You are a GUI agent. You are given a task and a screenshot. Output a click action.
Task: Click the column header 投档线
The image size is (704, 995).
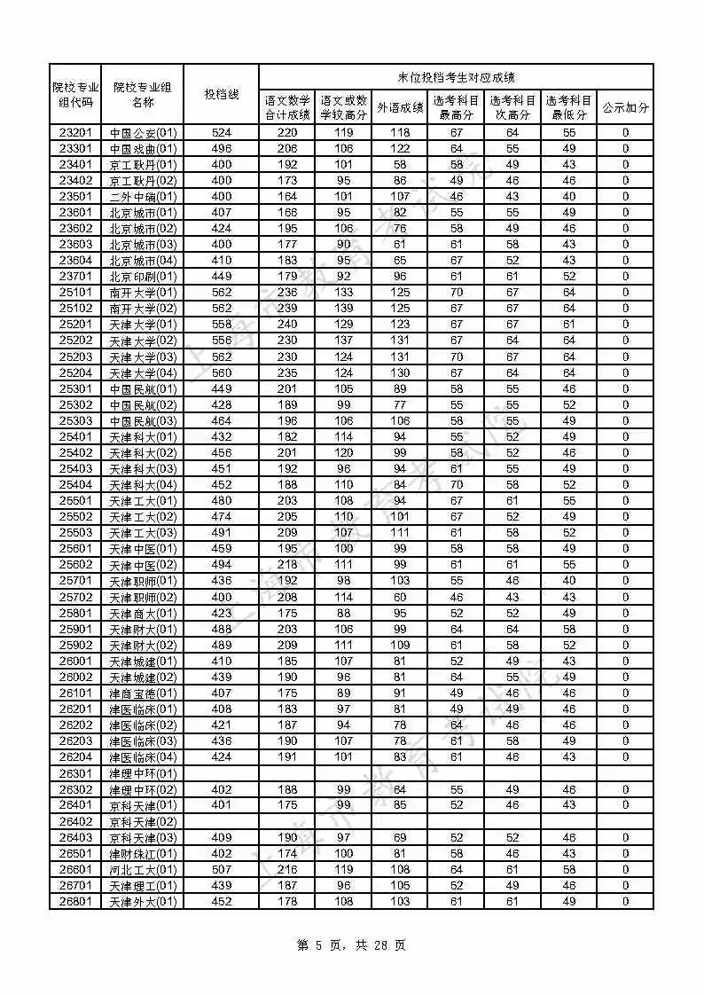[221, 94]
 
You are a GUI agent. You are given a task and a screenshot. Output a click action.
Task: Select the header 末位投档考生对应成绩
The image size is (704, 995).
[456, 77]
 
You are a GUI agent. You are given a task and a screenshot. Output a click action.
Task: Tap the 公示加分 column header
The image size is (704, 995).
[625, 108]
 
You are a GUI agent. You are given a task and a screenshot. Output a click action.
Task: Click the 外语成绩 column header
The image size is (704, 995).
[400, 108]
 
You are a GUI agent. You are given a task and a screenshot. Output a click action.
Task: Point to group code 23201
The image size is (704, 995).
[75, 133]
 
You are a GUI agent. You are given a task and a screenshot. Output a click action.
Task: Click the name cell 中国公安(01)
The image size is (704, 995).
[143, 133]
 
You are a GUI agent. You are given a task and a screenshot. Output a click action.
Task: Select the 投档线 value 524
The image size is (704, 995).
[221, 133]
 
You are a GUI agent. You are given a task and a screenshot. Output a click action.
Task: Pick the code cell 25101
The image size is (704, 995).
[75, 293]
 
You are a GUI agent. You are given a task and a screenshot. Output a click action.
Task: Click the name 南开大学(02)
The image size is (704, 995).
[143, 309]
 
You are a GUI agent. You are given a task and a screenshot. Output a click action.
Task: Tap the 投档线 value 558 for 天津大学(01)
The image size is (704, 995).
[221, 325]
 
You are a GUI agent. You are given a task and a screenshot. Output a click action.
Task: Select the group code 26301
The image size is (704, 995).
[75, 773]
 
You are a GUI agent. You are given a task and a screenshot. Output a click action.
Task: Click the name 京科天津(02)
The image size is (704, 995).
[143, 821]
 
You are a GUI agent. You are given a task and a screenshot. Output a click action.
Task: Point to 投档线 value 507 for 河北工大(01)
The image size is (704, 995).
[221, 869]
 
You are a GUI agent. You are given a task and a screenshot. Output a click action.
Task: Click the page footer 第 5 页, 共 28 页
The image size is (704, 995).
[351, 945]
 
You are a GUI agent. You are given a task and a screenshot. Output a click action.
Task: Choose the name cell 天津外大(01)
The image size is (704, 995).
[143, 902]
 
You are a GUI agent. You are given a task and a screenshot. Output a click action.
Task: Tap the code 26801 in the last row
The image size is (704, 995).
[75, 902]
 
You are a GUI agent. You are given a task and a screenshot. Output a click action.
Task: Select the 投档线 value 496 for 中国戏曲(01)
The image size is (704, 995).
[221, 149]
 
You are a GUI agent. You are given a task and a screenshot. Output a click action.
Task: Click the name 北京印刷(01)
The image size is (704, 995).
[143, 277]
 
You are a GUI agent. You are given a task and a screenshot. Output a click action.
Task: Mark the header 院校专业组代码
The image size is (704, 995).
[75, 94]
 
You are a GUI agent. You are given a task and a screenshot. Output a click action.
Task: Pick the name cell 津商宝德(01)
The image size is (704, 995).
[143, 693]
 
